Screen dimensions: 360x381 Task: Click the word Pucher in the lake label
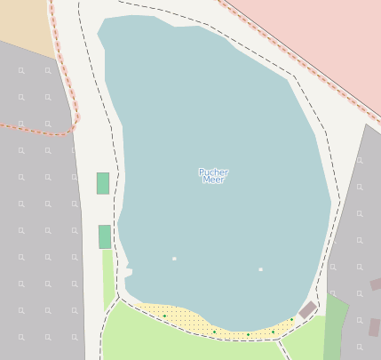pos(213,172)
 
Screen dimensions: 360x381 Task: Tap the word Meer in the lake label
pos(213,180)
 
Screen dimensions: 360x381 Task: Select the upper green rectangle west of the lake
pos(103,183)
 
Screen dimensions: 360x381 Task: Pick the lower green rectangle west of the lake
pos(105,236)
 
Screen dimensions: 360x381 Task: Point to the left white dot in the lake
pos(174,259)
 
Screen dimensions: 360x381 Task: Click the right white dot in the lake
pos(260,269)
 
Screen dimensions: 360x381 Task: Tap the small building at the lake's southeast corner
pos(307,310)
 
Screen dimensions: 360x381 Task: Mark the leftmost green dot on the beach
pos(164,316)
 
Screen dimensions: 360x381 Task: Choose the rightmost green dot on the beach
pos(291,319)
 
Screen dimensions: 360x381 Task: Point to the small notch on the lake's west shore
pos(129,269)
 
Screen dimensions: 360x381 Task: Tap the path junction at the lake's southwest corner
pos(119,298)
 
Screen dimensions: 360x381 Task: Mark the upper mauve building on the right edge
pos(376,284)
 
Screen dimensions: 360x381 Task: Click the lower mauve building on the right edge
pos(375,326)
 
